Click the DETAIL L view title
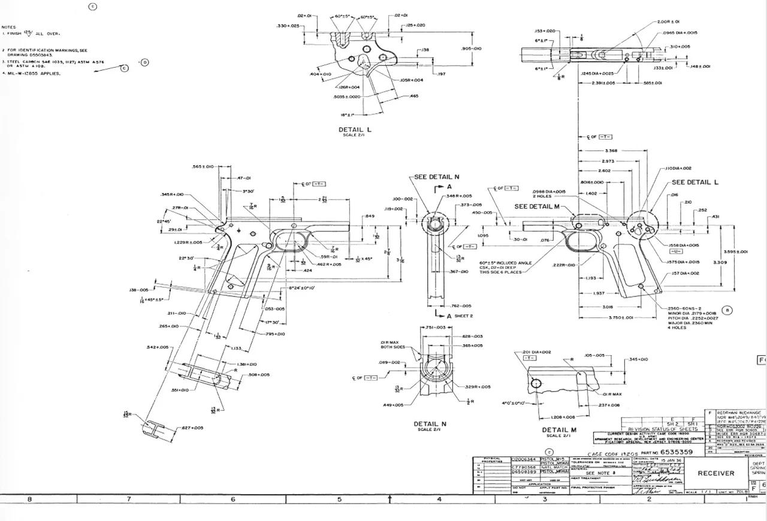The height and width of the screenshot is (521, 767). coord(355,129)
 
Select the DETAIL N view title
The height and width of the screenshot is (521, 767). coord(430,423)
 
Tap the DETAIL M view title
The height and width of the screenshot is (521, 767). coord(559,429)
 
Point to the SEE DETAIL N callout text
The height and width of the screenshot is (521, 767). coord(437,177)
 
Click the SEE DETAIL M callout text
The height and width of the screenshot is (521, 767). coord(537,206)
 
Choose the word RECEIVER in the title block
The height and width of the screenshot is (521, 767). coord(716,473)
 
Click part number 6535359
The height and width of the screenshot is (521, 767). coord(677,452)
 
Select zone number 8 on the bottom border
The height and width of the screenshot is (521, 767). coord(29,499)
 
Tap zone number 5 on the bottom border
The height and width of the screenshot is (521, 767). coord(339,499)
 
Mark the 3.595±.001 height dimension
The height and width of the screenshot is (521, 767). coord(735,252)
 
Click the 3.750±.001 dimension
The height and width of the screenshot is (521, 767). coord(604,318)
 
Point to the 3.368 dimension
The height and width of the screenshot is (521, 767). coord(611,151)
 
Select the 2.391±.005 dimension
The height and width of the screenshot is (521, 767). coord(603,83)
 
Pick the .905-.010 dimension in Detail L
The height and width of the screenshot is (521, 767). coord(472,49)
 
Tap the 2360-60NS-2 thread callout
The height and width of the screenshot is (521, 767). coord(685,308)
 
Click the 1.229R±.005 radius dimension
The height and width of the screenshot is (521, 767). coord(188,243)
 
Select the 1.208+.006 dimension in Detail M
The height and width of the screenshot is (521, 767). coord(562,417)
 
